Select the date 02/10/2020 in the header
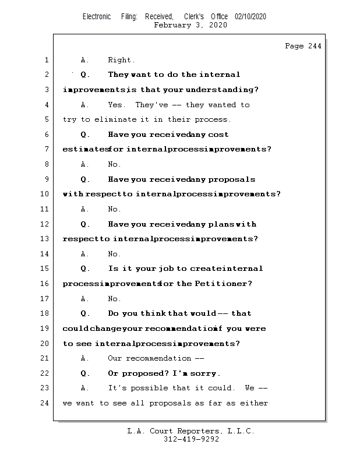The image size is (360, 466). [x=250, y=17]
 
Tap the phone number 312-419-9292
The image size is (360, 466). [x=191, y=440]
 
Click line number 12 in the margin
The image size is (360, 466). [x=45, y=224]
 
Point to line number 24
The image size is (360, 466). [x=45, y=403]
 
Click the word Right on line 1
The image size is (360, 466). [x=121, y=60]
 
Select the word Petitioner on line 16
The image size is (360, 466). [x=224, y=284]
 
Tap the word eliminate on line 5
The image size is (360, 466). [x=113, y=119]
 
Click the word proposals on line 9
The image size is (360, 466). [x=232, y=179]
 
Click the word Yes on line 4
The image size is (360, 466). [x=117, y=105]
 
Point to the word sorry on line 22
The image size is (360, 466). [x=205, y=373]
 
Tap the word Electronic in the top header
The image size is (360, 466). [x=97, y=17]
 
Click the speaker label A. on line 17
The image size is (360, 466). [x=85, y=299]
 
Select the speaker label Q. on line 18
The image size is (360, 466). [x=85, y=313]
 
